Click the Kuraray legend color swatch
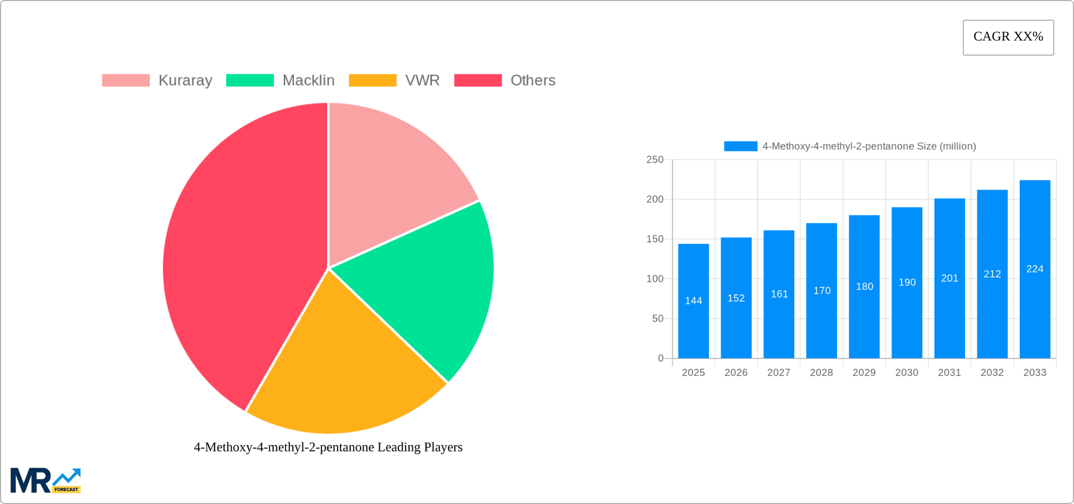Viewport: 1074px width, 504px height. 126,81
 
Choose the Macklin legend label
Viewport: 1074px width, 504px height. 308,81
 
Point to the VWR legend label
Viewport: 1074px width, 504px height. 422,81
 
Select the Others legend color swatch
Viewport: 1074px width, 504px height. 478,81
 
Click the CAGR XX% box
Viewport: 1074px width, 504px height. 1008,37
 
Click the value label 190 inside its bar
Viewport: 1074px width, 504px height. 907,282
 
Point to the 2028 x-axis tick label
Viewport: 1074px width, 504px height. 821,373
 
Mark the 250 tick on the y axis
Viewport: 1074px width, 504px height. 654,160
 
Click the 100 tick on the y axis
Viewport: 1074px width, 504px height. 654,279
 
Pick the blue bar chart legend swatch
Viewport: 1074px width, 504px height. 741,146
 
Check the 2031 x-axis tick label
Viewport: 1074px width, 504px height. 949,373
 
